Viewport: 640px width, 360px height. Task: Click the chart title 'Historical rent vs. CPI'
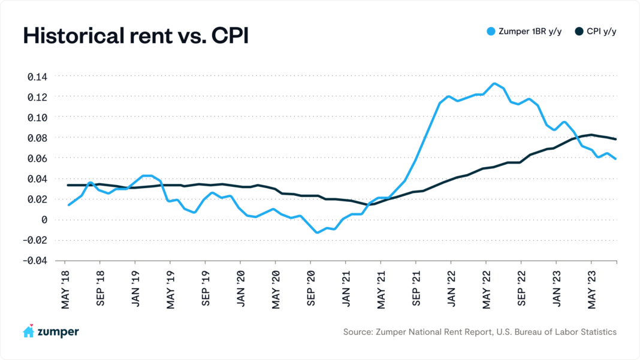[x=135, y=35]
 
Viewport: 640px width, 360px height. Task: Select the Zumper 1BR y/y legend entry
[x=526, y=31]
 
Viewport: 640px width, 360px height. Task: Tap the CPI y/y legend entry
[x=596, y=31]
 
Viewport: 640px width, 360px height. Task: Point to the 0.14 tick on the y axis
[x=37, y=77]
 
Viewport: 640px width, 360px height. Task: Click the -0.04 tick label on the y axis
[x=34, y=261]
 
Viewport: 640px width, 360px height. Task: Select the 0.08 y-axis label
[x=37, y=138]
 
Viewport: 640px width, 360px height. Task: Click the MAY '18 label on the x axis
[x=65, y=289]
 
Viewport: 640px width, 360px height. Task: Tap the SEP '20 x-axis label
[x=310, y=289]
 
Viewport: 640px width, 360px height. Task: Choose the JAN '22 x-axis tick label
[x=451, y=289]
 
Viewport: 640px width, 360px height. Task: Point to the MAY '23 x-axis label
[x=591, y=289]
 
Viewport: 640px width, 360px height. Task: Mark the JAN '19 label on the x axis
[x=135, y=289]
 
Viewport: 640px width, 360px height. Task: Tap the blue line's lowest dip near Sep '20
[x=318, y=232]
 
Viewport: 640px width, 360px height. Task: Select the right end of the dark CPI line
[x=616, y=139]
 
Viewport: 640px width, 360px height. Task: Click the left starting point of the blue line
[x=69, y=205]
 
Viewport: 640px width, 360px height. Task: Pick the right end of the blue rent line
[x=616, y=159]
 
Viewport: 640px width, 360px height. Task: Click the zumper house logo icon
[x=28, y=331]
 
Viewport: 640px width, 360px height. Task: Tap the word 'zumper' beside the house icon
[x=59, y=332]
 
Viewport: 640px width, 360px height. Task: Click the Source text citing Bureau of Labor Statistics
[x=479, y=332]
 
